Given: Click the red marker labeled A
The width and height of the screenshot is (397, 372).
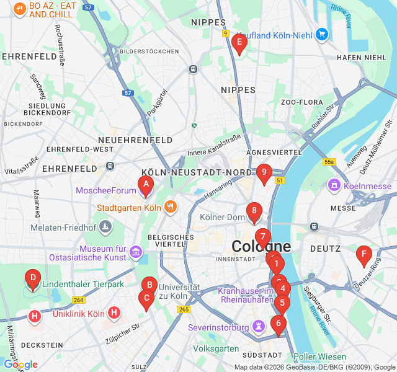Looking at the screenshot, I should tap(145, 184).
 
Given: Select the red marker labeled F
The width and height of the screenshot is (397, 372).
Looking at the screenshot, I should tap(364, 254).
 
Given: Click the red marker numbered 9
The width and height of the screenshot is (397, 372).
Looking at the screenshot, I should tap(264, 173).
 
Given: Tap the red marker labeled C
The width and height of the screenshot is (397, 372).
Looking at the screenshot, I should tap(146, 299).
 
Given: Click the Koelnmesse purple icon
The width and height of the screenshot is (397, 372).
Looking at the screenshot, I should tap(334, 185).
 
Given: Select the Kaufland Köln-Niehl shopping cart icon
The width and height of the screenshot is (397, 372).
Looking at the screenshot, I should tap(321, 35).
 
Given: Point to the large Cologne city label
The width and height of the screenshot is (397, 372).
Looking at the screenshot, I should tap(261, 246).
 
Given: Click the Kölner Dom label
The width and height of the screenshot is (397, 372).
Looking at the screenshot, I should tap(222, 218).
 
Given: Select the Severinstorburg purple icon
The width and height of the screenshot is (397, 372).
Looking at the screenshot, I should tap(258, 327).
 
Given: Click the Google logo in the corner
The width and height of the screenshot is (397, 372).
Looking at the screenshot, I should tap(20, 365).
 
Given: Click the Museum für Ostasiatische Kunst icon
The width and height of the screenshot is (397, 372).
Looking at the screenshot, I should tap(136, 252).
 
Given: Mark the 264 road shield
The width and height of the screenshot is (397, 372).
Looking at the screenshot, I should tap(78, 300).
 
